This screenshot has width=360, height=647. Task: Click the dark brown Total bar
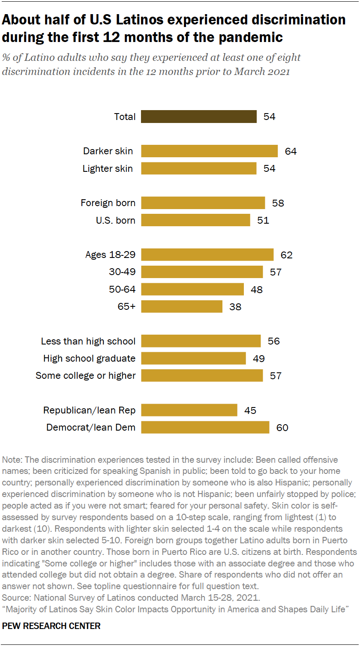point(199,117)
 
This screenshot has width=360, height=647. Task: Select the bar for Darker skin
point(210,151)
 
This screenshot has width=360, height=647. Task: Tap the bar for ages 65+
point(182,306)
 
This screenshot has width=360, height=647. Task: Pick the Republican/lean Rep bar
point(189,410)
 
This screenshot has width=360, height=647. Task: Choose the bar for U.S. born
point(195,220)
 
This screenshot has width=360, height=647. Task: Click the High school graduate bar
point(193,358)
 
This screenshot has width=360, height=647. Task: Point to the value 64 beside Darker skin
point(291,151)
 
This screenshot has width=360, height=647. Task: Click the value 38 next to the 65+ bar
point(235,307)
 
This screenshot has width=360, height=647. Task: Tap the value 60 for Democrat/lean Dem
point(282,428)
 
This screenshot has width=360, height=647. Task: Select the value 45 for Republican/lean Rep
point(250,410)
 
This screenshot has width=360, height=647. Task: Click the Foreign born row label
point(108,203)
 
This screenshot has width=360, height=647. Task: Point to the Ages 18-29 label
point(111,255)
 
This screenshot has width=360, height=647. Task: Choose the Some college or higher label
point(86,376)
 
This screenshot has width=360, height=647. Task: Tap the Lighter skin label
point(108,168)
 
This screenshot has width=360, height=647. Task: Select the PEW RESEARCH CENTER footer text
point(51,626)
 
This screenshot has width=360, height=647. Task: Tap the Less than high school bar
point(201,341)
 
